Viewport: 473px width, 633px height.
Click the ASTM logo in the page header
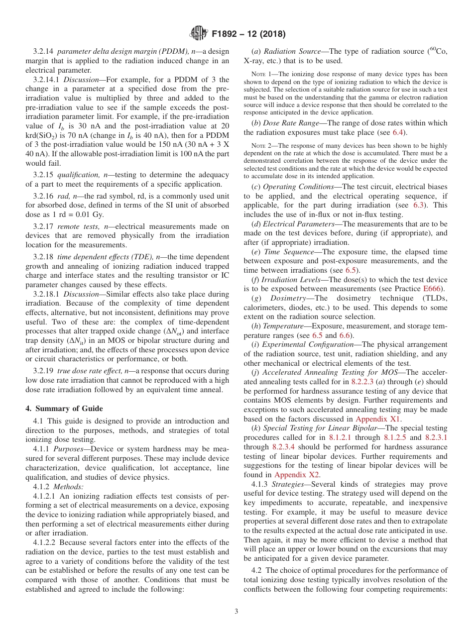pos(198,34)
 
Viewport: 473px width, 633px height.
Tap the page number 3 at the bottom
pos(236,612)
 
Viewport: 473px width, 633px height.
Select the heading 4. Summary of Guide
pos(64,409)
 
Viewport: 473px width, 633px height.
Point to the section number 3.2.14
pos(44,51)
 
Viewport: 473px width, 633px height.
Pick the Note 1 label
pos(261,74)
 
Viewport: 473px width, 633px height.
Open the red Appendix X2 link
pos(297,475)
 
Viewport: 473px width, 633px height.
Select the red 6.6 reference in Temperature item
pos(345,335)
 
